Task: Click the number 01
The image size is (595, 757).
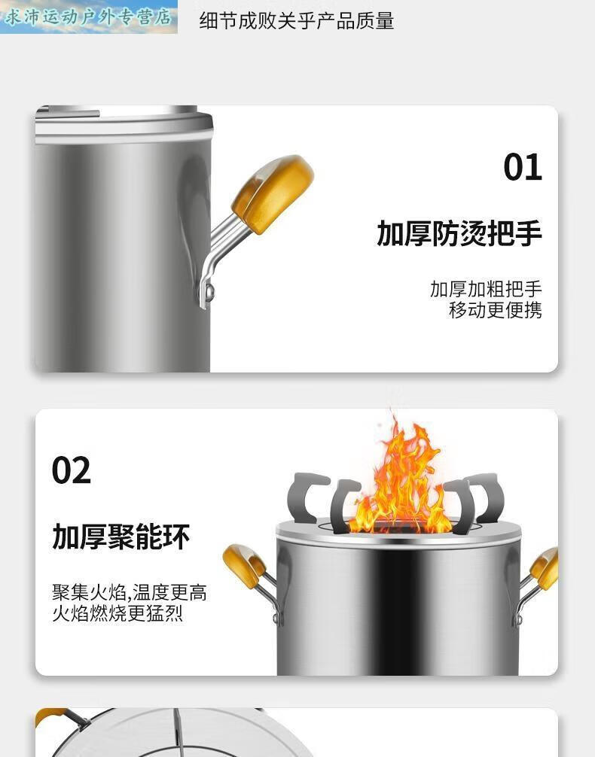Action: (523, 167)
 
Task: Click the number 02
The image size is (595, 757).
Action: (72, 470)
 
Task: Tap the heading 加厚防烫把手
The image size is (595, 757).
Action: (459, 234)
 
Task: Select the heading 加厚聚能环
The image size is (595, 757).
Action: (121, 537)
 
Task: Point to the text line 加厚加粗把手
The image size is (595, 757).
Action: (486, 289)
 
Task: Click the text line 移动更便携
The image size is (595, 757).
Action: (495, 310)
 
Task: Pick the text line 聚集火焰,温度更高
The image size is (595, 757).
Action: (129, 593)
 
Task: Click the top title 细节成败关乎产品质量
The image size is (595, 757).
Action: (296, 21)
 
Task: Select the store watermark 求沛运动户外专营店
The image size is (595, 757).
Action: (88, 17)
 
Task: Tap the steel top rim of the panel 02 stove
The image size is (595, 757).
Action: (398, 537)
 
